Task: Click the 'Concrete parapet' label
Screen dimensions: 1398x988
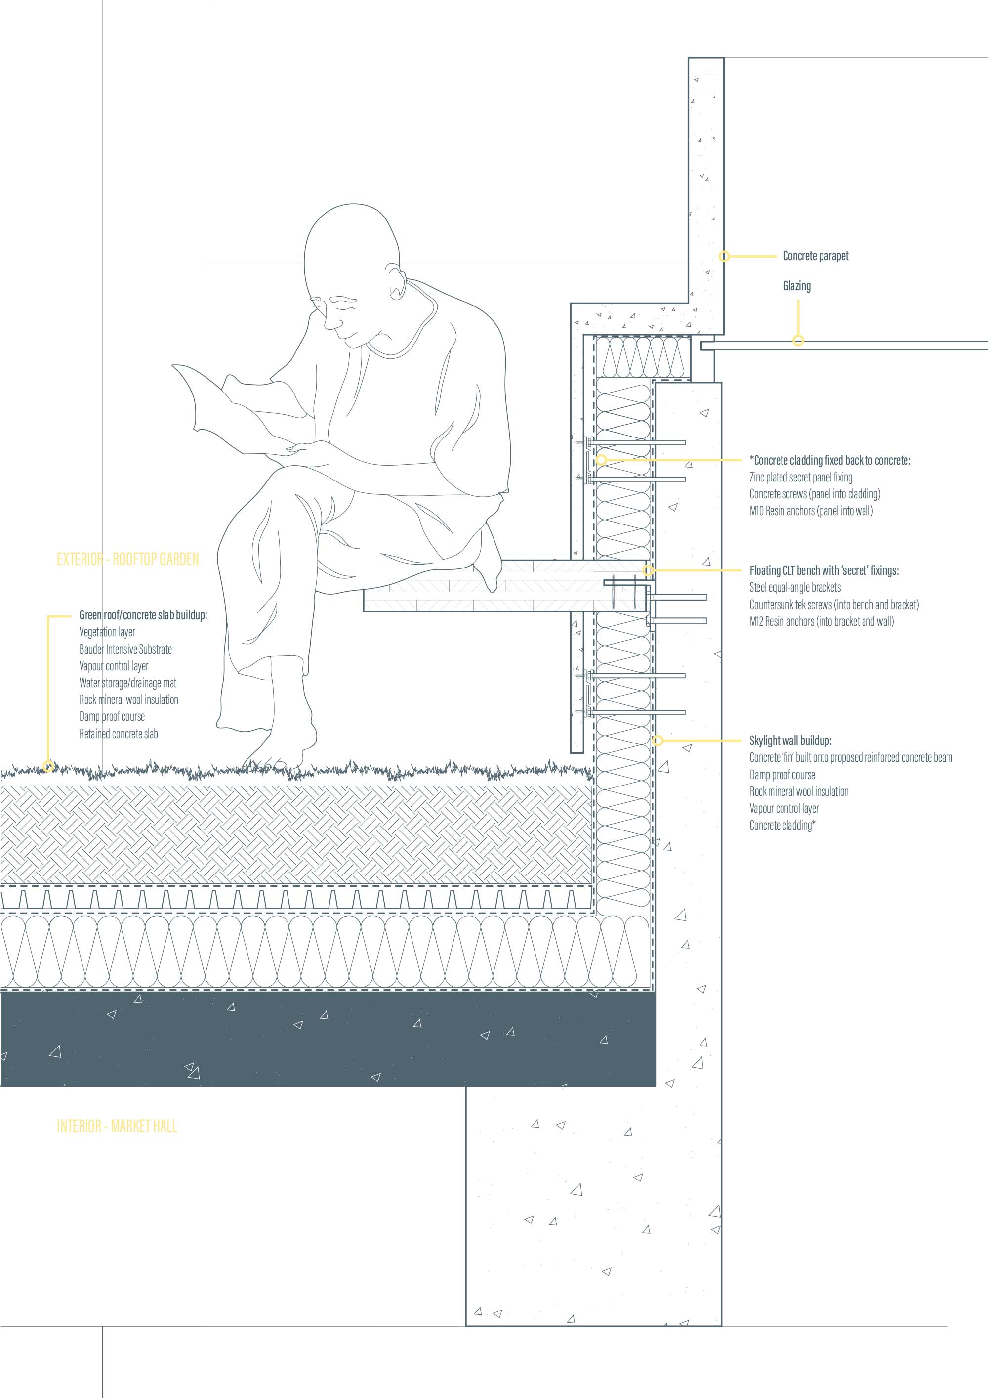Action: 815,256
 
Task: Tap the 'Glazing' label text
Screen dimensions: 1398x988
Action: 796,286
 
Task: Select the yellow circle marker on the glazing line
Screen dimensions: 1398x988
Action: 798,341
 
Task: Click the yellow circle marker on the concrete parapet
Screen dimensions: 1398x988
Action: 724,257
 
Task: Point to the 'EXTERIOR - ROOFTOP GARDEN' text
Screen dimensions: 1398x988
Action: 128,559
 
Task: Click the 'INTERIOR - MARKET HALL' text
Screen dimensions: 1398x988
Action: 117,1126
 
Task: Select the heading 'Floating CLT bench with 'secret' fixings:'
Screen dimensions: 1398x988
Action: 823,570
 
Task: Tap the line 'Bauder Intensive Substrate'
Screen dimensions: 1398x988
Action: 125,649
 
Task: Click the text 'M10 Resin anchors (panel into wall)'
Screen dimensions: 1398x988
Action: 811,511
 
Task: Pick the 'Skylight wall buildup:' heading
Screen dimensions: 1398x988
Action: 790,741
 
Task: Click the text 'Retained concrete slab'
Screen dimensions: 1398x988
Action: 119,734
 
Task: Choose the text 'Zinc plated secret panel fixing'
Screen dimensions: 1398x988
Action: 801,478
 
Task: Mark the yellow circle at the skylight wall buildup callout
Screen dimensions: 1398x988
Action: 657,741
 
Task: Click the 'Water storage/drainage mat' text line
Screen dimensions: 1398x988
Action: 128,683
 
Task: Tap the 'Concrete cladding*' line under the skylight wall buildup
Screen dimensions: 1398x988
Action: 782,826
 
